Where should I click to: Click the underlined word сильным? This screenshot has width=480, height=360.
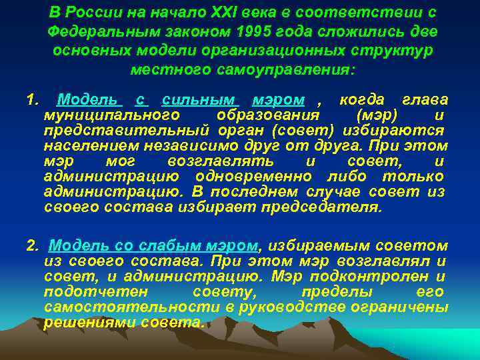197,101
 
